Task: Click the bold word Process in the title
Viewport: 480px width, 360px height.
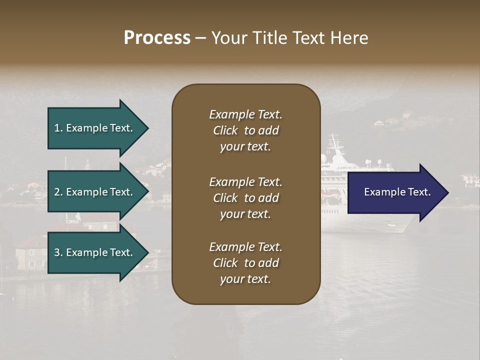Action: coord(157,38)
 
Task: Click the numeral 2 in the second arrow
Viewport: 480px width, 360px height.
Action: coord(57,192)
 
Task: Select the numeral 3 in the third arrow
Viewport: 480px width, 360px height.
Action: coord(57,252)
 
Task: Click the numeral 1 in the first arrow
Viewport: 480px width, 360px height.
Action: coord(57,128)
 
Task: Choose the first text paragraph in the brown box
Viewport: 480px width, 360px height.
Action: coord(245,130)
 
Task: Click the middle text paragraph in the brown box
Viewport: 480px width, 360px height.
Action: coord(245,198)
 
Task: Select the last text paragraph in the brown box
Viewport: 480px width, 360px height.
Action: coord(245,263)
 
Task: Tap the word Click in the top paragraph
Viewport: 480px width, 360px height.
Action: coord(225,130)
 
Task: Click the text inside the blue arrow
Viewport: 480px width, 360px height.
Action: coord(397,192)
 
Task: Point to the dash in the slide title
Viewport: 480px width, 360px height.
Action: coord(200,38)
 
